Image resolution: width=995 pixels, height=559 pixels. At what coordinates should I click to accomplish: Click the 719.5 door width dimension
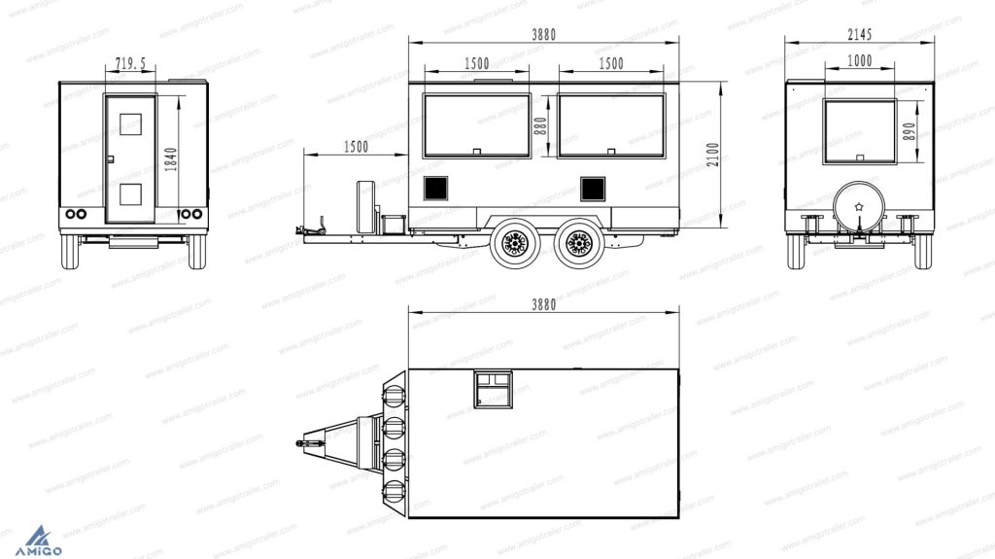pyautogui.click(x=130, y=63)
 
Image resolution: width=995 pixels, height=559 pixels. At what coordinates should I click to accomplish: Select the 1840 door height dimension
pyautogui.click(x=171, y=158)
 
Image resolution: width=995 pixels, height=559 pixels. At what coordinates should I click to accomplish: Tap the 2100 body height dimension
pyautogui.click(x=713, y=155)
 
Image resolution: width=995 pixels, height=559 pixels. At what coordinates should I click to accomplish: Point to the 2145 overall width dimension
pyautogui.click(x=860, y=34)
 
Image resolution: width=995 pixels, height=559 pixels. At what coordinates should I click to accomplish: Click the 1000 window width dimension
pyautogui.click(x=860, y=60)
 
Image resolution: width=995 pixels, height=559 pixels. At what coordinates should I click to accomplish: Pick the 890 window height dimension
pyautogui.click(x=909, y=131)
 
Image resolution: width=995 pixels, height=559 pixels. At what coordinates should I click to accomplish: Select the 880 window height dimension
pyautogui.click(x=540, y=126)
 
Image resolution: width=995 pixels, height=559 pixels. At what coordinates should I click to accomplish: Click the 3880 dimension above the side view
pyautogui.click(x=544, y=35)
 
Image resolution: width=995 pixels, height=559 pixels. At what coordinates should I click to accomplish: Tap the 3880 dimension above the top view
pyautogui.click(x=544, y=305)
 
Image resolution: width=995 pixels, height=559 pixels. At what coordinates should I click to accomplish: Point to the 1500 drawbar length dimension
pyautogui.click(x=356, y=147)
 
